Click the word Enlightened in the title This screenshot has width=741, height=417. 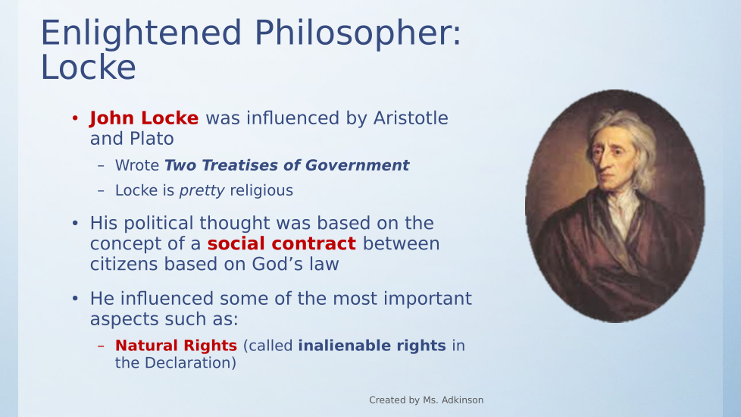coord(141,34)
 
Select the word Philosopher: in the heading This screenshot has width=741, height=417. coord(358,34)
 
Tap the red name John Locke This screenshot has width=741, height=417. coord(144,118)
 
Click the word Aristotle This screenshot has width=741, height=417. coord(411,118)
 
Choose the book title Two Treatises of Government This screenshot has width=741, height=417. coord(287,165)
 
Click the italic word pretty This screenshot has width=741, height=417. coord(202,190)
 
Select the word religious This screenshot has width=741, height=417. coord(261,190)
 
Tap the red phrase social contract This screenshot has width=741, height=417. coord(282,243)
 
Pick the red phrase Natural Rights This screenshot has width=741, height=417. coord(176,346)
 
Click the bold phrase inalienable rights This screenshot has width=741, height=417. coord(372,346)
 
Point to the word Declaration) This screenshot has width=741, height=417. coord(190,362)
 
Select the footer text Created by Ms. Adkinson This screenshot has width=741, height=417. coord(427,400)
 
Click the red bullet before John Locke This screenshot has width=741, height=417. coord(75,118)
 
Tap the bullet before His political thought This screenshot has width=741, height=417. coord(75,223)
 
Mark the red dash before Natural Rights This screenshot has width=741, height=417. coord(101,346)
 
